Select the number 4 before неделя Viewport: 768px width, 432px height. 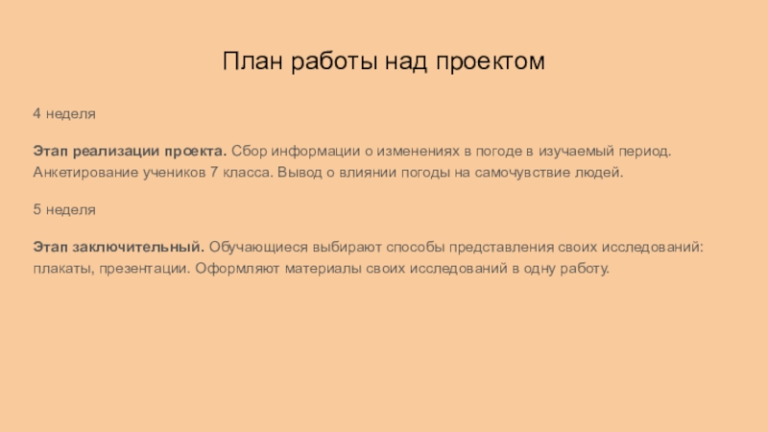click(36, 113)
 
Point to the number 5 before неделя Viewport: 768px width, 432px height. click(36, 208)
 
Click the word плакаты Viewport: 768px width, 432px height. click(61, 269)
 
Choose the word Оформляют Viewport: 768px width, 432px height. click(234, 269)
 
